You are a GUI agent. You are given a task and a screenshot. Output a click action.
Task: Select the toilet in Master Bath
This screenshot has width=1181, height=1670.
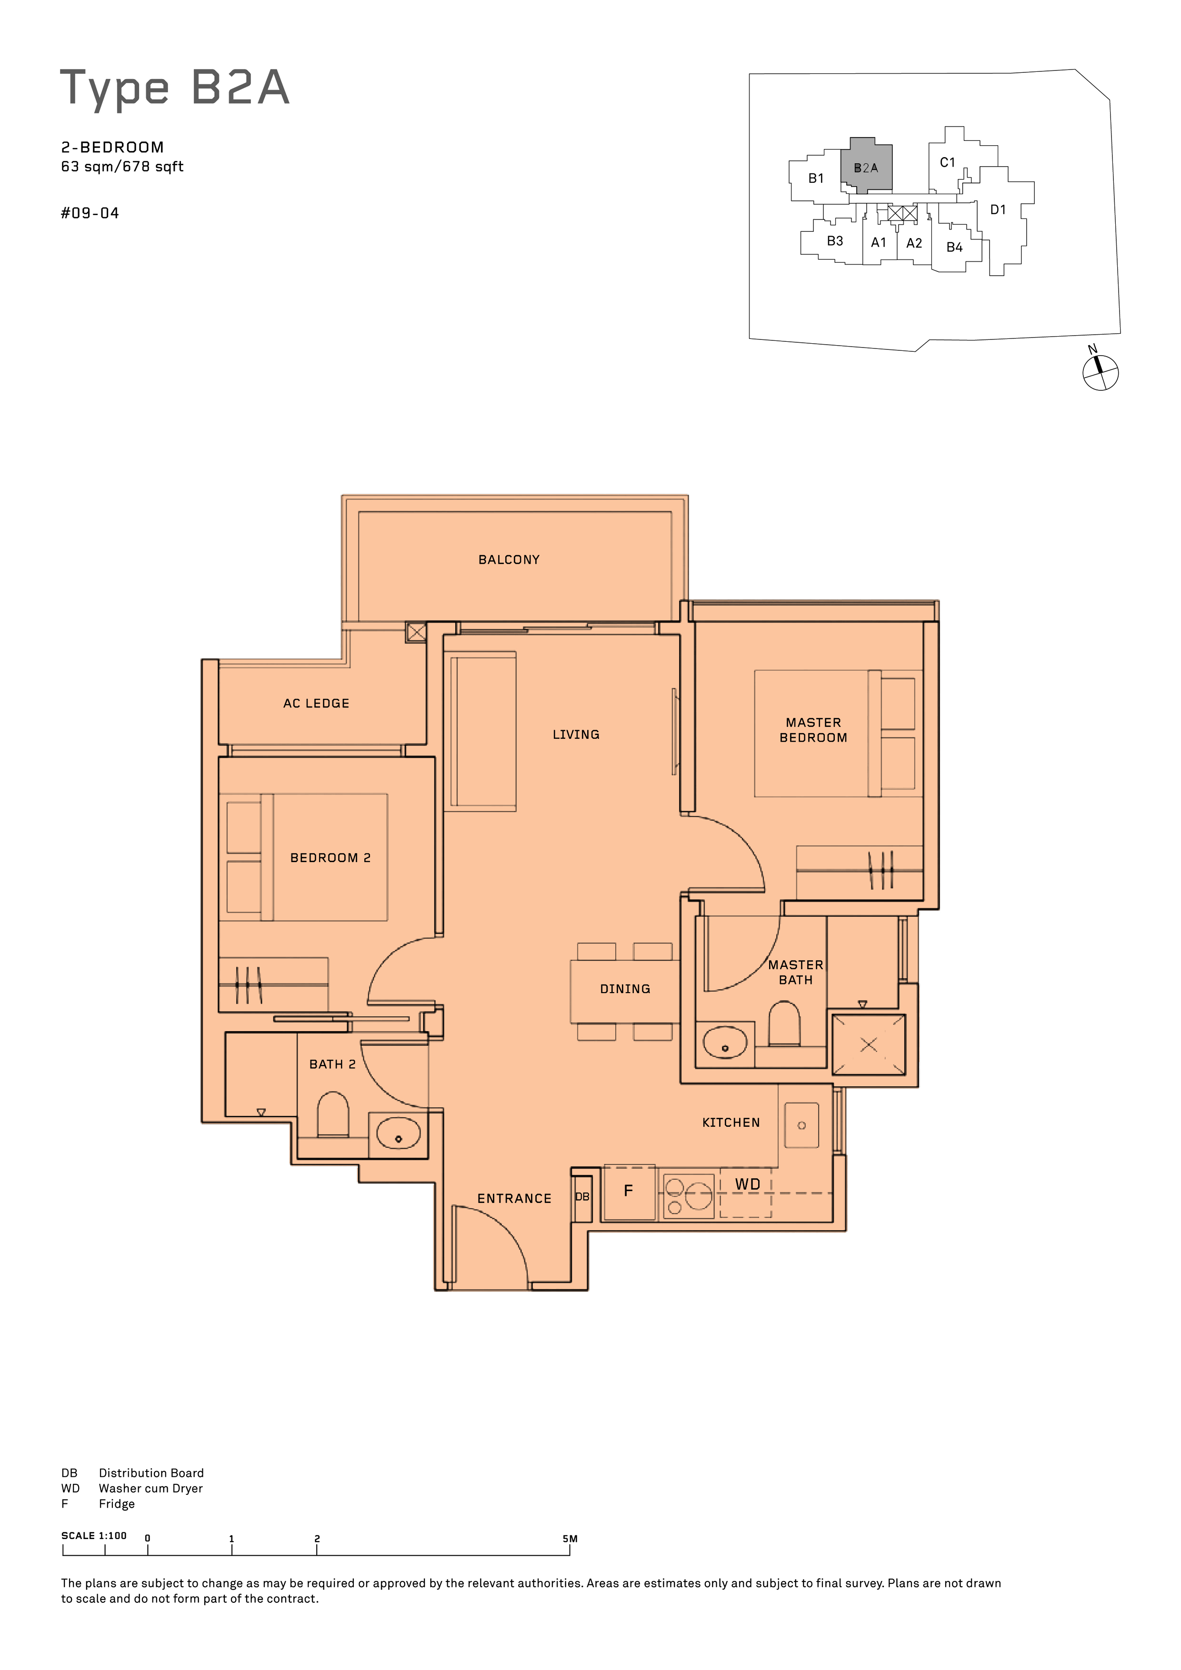click(784, 1024)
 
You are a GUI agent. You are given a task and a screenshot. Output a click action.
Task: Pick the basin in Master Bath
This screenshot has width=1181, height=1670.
click(725, 1042)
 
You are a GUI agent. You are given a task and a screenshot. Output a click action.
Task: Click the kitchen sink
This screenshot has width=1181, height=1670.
click(802, 1125)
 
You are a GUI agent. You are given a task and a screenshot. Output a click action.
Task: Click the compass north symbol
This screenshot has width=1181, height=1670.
click(1100, 372)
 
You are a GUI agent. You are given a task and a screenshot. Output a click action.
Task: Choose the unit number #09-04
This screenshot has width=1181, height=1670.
click(90, 213)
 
